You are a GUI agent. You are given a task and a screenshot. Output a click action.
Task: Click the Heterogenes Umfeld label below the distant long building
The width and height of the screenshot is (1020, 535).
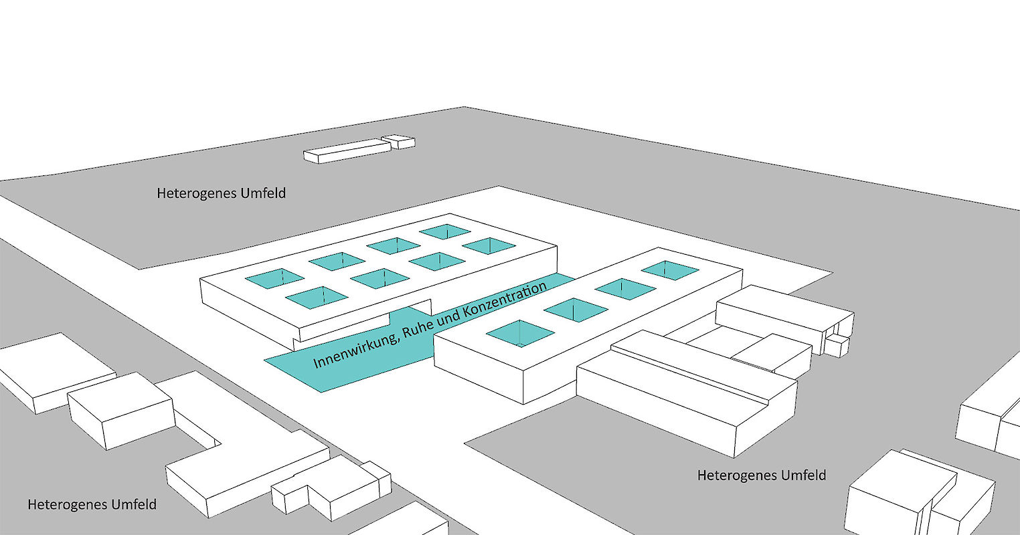pyautogui.click(x=221, y=193)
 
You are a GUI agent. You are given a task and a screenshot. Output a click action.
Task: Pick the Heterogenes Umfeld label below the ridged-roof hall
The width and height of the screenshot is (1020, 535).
pyautogui.click(x=762, y=475)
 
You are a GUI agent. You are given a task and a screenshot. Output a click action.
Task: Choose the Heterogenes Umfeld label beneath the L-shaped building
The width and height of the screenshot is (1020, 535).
pyautogui.click(x=92, y=504)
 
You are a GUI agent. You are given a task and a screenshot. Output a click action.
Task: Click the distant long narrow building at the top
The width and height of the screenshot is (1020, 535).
pyautogui.click(x=346, y=150)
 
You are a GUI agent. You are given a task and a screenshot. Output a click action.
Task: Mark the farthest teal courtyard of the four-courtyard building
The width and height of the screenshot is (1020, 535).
pyautogui.click(x=670, y=270)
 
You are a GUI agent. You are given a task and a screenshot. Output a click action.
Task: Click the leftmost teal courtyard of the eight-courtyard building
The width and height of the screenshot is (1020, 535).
pyautogui.click(x=274, y=278)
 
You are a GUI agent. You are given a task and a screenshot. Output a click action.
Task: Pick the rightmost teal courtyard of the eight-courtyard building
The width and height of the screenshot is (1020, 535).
pyautogui.click(x=489, y=245)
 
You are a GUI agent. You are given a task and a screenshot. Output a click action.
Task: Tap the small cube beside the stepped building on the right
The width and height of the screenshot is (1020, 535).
pyautogui.click(x=836, y=345)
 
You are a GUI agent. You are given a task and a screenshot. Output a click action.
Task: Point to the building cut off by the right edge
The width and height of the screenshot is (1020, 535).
pyautogui.click(x=991, y=421)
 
